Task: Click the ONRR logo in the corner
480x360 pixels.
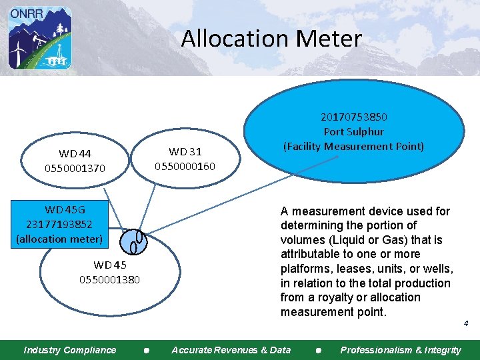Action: (x=39, y=37)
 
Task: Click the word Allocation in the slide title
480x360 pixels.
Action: (x=233, y=38)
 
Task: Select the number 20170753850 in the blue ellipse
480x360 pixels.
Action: (x=354, y=117)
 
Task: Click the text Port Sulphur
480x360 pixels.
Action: (x=353, y=131)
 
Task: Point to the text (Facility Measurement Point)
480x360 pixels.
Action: (x=353, y=146)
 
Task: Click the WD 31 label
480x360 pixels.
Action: (x=185, y=152)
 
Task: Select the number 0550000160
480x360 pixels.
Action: (x=185, y=166)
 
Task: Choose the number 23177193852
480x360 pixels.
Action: (x=59, y=224)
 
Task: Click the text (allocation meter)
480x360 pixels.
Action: (x=59, y=239)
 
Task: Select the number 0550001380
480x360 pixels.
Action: (x=110, y=279)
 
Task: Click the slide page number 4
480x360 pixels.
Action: (x=466, y=323)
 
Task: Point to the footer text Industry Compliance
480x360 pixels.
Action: (x=69, y=350)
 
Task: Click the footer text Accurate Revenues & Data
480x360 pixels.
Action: (x=231, y=350)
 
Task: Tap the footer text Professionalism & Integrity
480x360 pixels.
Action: (x=400, y=350)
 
